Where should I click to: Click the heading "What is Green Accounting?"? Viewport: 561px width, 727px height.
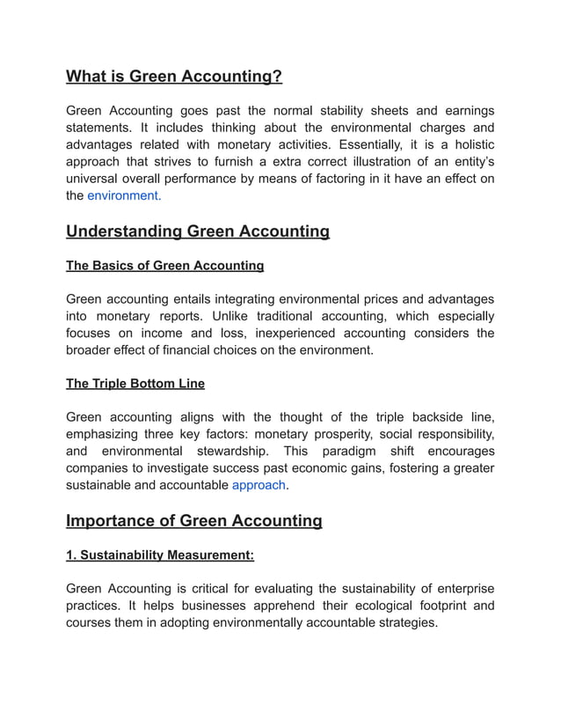(174, 77)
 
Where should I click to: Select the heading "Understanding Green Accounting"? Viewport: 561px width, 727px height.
(198, 231)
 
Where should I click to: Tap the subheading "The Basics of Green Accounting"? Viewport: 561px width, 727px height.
(164, 265)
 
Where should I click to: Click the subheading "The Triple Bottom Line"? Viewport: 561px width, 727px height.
(135, 384)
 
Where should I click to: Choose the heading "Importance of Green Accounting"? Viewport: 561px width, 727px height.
(194, 521)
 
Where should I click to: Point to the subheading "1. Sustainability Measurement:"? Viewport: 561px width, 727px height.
(161, 554)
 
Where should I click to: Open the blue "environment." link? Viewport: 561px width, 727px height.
(124, 195)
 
